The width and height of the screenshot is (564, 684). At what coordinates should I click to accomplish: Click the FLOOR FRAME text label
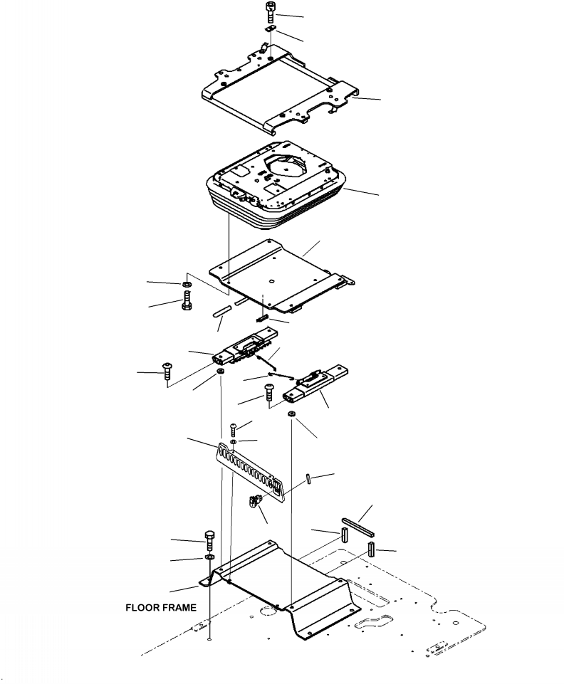(x=161, y=607)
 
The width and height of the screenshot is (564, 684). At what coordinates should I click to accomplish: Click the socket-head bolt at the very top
(x=270, y=13)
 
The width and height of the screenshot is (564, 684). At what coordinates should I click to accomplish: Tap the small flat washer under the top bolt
(x=270, y=28)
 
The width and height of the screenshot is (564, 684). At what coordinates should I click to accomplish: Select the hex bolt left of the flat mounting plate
(x=187, y=302)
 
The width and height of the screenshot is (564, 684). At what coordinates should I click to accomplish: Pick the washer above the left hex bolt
(x=186, y=285)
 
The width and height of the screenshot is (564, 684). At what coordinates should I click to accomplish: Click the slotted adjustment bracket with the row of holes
(x=251, y=472)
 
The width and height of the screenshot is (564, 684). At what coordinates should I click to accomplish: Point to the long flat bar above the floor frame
(x=358, y=527)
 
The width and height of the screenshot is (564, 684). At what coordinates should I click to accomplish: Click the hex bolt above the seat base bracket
(x=209, y=540)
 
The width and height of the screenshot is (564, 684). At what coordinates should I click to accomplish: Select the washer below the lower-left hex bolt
(x=209, y=557)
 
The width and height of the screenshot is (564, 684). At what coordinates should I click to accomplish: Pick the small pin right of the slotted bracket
(x=309, y=478)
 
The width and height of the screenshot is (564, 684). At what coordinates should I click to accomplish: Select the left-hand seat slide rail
(x=245, y=347)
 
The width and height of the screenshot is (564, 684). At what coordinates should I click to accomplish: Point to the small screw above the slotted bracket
(x=233, y=429)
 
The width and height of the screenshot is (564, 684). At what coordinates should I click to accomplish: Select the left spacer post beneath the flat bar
(x=345, y=534)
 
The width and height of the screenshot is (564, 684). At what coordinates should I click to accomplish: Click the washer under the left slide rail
(x=221, y=372)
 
